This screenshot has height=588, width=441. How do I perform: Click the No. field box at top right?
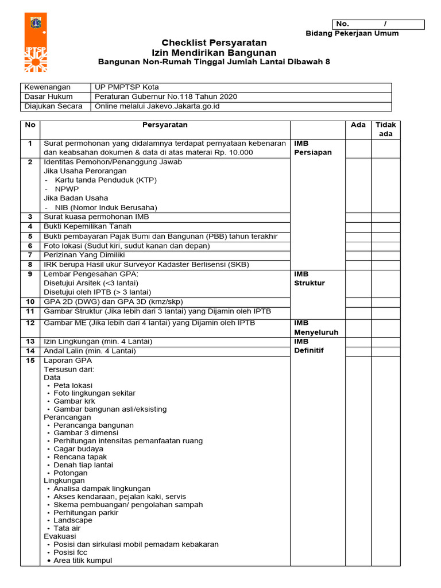click(x=378, y=24)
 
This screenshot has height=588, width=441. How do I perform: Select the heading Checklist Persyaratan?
click(x=214, y=43)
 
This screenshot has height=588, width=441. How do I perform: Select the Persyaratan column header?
click(x=165, y=125)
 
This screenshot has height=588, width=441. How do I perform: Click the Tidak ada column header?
click(x=385, y=129)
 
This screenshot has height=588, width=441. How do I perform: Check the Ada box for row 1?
click(x=358, y=148)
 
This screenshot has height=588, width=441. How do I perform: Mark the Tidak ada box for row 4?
click(x=385, y=227)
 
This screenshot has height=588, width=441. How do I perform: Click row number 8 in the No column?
click(x=30, y=265)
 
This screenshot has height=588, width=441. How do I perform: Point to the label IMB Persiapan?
click(x=313, y=148)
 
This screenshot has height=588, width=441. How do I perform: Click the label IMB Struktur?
click(x=310, y=278)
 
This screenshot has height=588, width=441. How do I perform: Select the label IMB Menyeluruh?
click(x=316, y=327)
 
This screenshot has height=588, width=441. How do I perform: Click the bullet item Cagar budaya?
click(x=78, y=449)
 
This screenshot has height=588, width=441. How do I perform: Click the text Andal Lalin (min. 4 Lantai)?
click(x=90, y=351)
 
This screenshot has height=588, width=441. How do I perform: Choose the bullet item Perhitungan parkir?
click(x=86, y=512)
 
